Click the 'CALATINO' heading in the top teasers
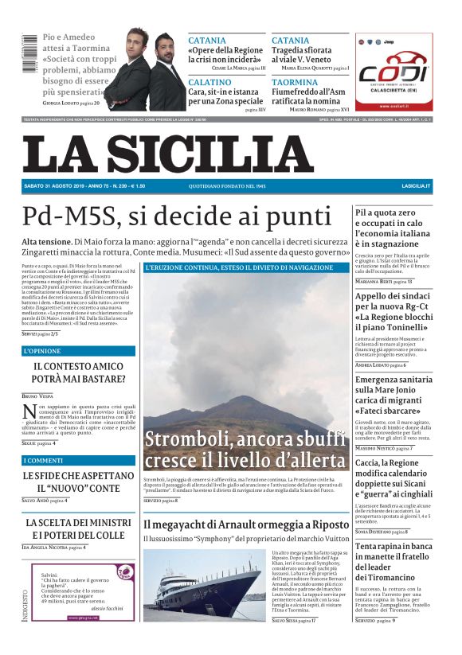coord(210,82)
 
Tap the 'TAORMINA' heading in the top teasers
coord(295,82)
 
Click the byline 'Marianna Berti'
coord(379,282)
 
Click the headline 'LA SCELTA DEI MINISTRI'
coord(78,523)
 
